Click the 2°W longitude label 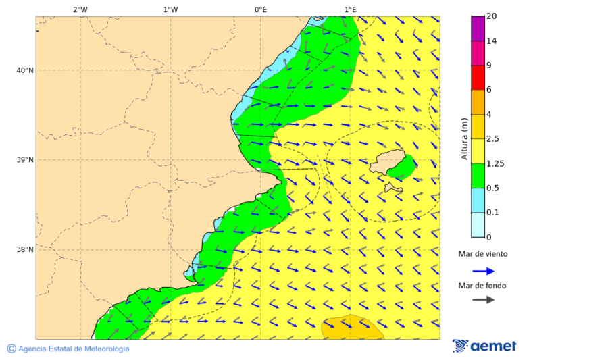coord(80,9)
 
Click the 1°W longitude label coord(170,9)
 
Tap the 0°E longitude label coord(260,9)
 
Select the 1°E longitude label coord(350,9)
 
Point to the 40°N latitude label coord(25,70)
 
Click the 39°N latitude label coord(25,160)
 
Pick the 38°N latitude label coord(25,250)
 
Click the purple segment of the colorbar coord(478,28)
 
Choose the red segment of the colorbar coord(478,78)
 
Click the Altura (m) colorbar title coord(464,139)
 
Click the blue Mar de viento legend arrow coord(483,271)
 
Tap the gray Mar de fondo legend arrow coord(483,300)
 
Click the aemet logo coord(484,346)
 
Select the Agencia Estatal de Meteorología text coord(73,349)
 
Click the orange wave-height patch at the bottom coord(351,328)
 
